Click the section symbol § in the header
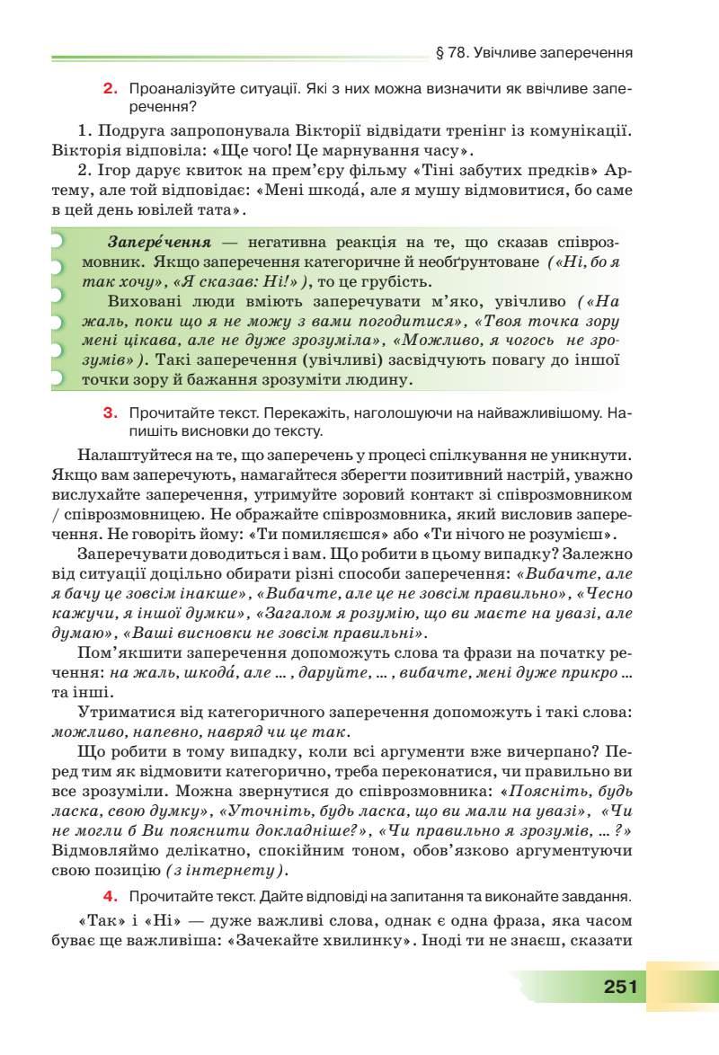coord(440,52)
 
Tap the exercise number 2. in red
coord(111,89)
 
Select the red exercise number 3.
coord(111,413)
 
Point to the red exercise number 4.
coord(111,895)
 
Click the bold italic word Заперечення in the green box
coord(159,243)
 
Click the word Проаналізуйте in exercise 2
coord(177,89)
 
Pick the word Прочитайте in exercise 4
coord(168,895)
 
